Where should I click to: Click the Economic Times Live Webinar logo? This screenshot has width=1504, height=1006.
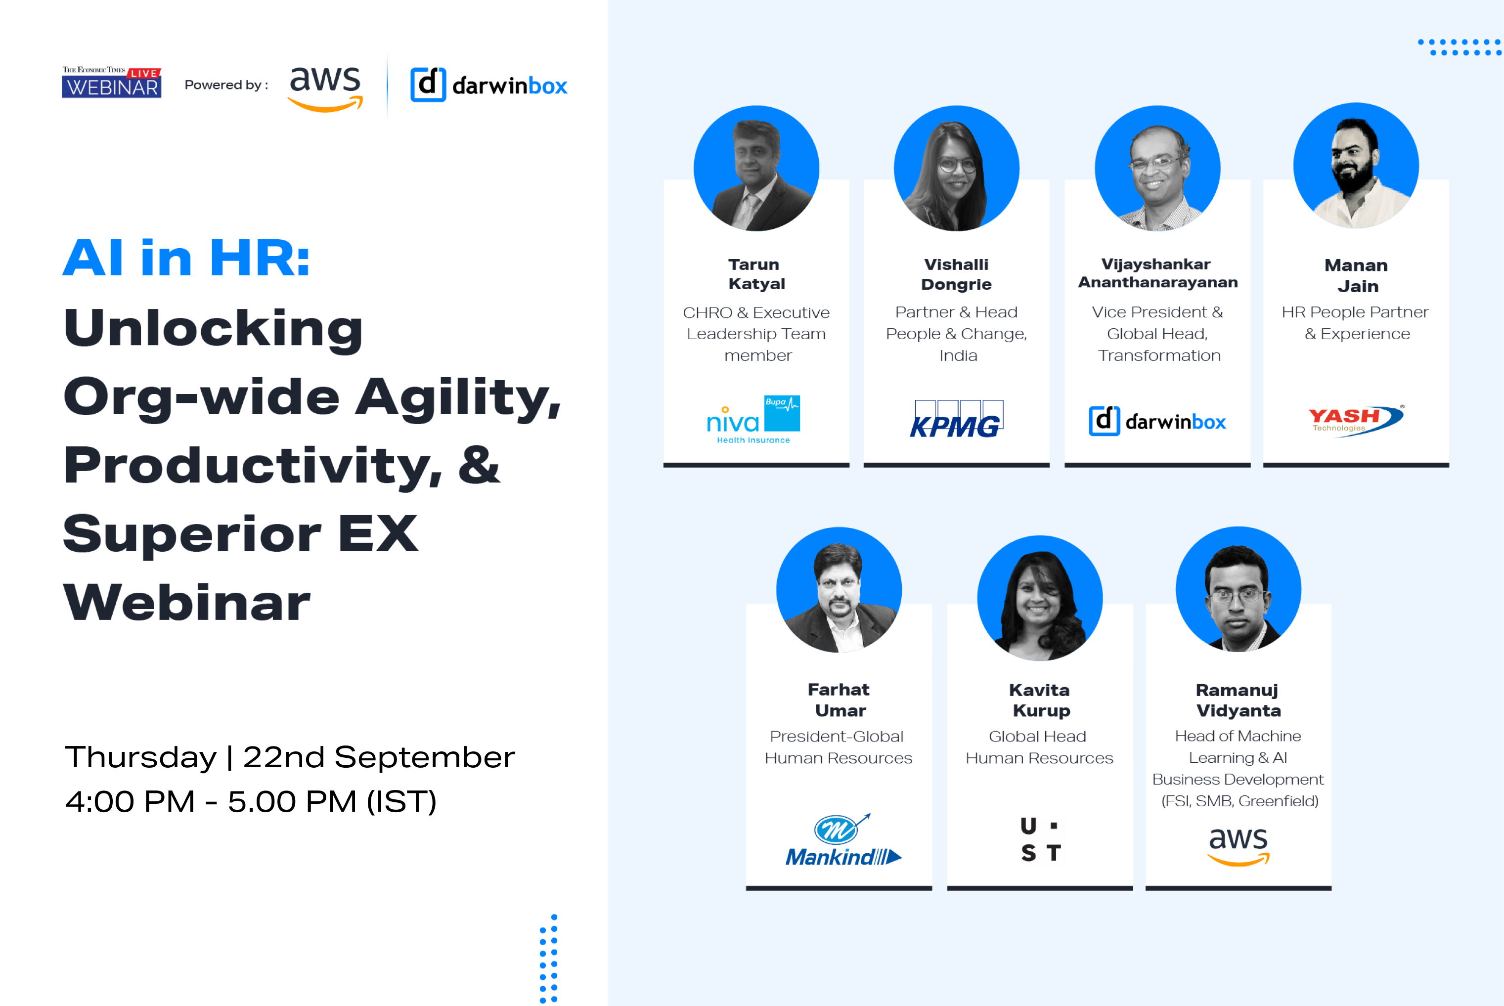(x=111, y=83)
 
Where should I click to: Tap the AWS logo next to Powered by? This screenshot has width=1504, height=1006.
(x=325, y=88)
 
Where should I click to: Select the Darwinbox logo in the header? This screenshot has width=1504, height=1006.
(x=489, y=85)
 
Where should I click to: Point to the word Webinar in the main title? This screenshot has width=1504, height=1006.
(x=187, y=603)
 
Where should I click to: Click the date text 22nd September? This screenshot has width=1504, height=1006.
(x=379, y=757)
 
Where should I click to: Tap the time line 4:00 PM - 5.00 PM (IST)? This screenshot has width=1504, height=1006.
(x=251, y=801)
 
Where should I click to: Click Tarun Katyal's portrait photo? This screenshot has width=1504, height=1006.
(x=756, y=169)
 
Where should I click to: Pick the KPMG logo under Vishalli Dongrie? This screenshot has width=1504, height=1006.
(x=956, y=420)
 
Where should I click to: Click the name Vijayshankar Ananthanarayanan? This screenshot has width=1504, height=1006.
(x=1157, y=273)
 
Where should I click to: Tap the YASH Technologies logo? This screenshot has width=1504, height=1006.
(x=1356, y=420)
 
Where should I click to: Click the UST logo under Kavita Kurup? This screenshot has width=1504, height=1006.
(x=1041, y=839)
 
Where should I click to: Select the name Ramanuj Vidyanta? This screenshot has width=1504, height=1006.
(x=1238, y=700)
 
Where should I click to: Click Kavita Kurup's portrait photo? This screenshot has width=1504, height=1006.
(x=1039, y=598)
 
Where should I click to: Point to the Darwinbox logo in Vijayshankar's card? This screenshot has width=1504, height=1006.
(x=1157, y=421)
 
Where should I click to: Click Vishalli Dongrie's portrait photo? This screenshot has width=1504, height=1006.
(x=956, y=169)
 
